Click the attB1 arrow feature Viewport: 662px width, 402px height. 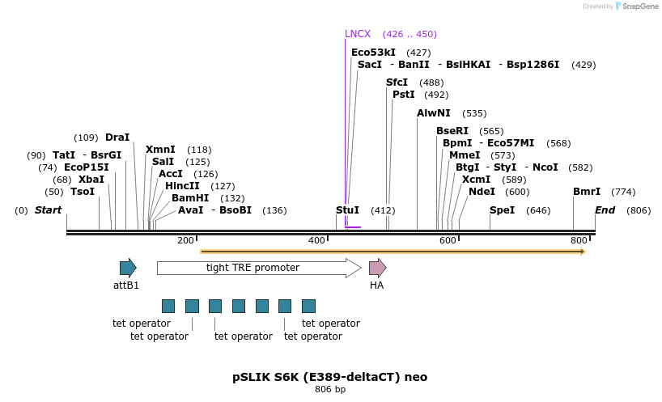[x=128, y=268]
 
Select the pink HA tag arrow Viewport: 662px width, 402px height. [x=377, y=268]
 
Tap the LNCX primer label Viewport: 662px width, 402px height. [x=357, y=34]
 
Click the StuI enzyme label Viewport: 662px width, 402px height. [x=347, y=210]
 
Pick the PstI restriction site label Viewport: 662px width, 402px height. [x=403, y=95]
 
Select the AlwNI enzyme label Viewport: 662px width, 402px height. [x=434, y=113]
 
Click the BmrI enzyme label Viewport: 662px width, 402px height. [x=587, y=192]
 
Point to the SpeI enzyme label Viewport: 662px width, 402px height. [x=502, y=210]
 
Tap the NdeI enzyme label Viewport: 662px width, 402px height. [x=482, y=192]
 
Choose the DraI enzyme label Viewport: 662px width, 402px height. [x=117, y=138]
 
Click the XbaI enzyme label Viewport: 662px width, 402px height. [x=91, y=180]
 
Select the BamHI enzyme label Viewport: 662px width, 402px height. [x=190, y=198]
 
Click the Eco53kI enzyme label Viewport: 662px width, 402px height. [x=373, y=53]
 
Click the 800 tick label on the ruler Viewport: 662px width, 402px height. [x=578, y=241]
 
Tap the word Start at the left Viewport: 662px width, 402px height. [x=48, y=210]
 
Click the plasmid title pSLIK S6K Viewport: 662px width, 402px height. [x=329, y=377]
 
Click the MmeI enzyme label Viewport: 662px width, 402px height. [x=465, y=155]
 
